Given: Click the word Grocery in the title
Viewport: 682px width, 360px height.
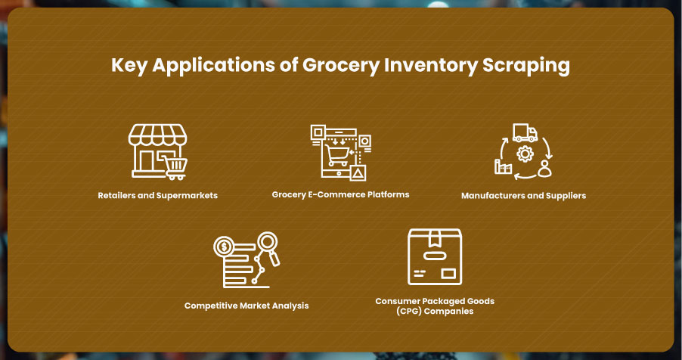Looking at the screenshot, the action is [340, 66].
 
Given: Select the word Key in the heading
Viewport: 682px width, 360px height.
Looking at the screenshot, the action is [129, 66].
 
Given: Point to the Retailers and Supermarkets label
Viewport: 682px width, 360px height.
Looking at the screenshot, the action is [157, 195].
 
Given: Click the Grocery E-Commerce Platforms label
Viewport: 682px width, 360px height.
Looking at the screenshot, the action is [340, 194].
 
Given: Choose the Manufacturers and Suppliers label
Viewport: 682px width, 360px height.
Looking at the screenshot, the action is [524, 196].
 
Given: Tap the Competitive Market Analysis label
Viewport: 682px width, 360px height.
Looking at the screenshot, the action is [246, 306].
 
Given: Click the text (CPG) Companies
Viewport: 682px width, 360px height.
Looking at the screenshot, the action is [435, 312].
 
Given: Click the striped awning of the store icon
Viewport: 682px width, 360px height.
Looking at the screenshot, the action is [157, 135].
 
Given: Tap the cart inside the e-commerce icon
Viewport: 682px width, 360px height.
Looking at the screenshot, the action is [337, 155].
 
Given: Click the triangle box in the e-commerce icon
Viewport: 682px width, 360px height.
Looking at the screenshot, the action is [358, 173].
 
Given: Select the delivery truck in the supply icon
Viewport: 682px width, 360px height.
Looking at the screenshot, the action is [525, 133].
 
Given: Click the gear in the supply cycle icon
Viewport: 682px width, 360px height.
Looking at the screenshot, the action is [525, 154].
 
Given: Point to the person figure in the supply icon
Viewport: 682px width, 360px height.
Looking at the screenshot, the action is [544, 169].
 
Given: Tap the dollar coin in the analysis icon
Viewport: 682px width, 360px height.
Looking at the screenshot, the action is [225, 247].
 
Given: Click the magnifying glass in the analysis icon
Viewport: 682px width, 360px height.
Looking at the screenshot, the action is [269, 248].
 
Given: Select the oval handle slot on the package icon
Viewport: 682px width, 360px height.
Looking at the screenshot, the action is [435, 256].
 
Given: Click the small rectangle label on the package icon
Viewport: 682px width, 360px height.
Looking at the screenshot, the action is [448, 273].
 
